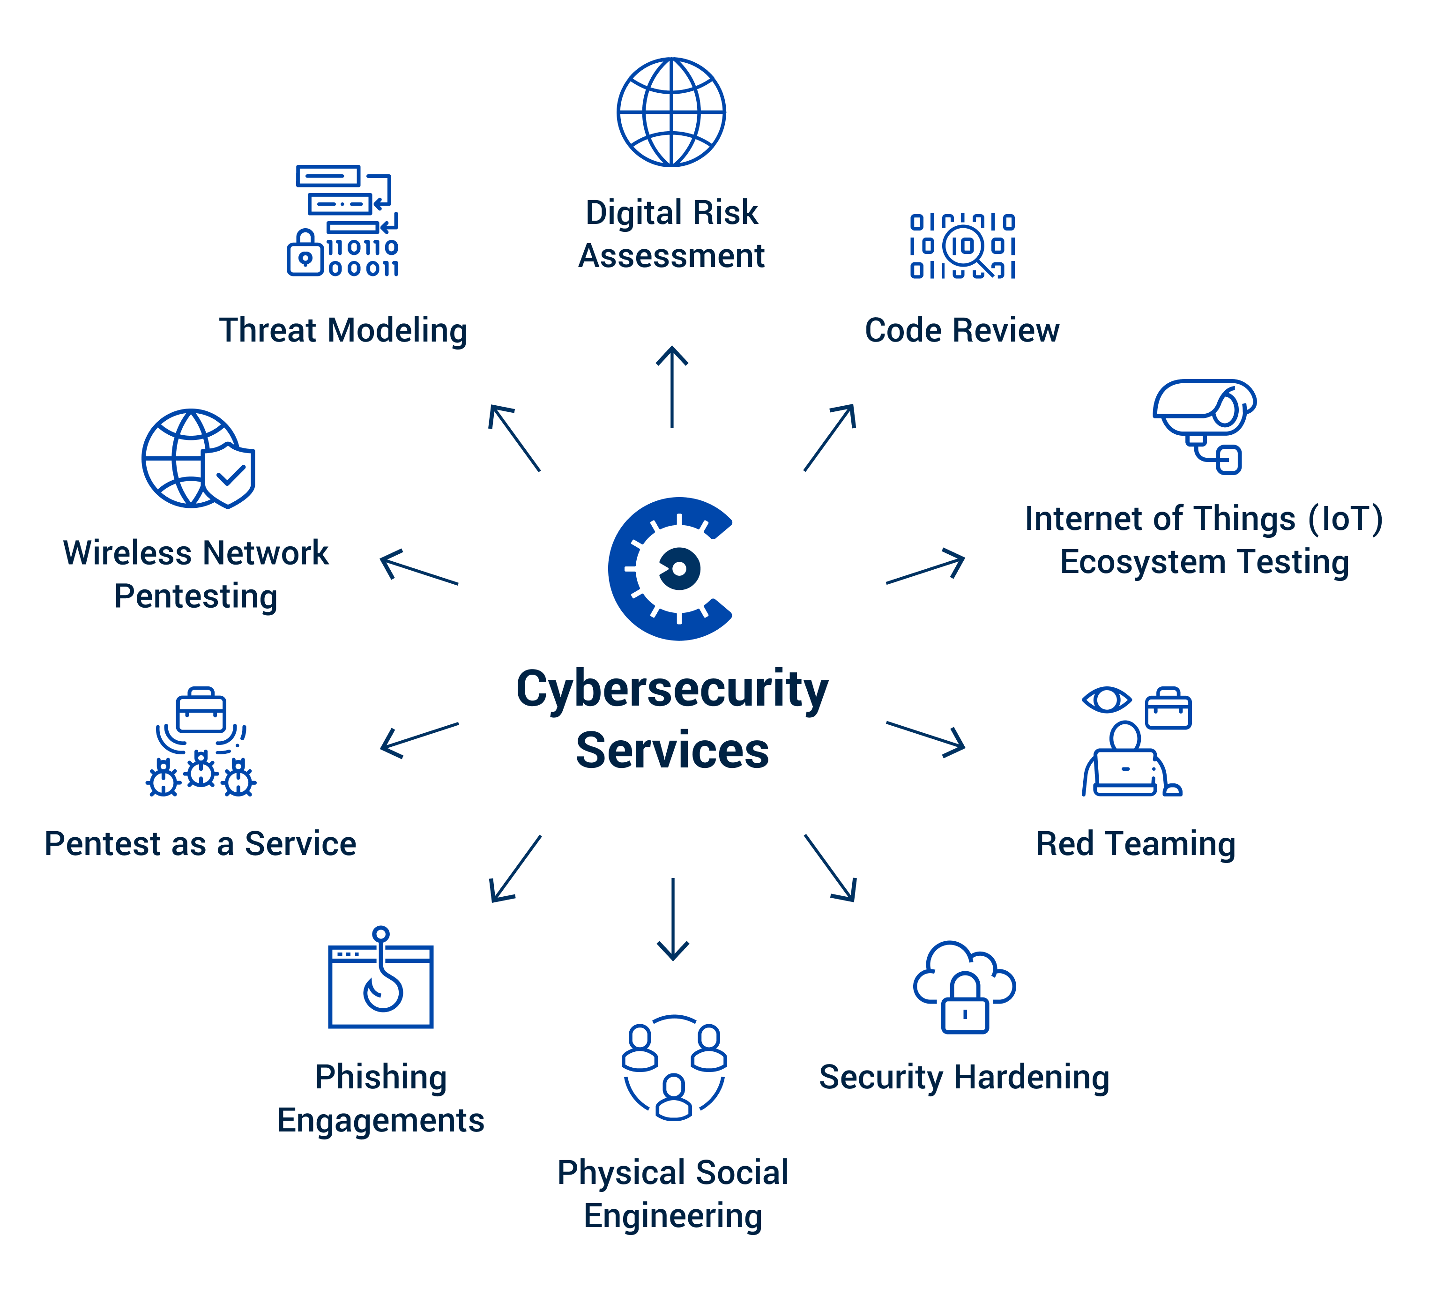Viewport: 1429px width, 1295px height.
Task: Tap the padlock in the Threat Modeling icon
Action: (305, 254)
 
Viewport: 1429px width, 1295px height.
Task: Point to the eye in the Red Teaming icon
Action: (1106, 700)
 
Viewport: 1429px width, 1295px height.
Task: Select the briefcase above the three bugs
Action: (201, 710)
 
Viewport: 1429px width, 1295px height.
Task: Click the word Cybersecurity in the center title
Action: (672, 689)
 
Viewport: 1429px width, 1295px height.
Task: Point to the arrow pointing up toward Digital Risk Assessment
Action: (672, 387)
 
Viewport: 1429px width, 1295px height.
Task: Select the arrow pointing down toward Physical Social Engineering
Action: (673, 919)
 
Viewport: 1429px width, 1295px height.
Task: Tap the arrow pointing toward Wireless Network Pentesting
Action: (419, 567)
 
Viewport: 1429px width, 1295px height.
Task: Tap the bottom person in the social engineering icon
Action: (673, 1097)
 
